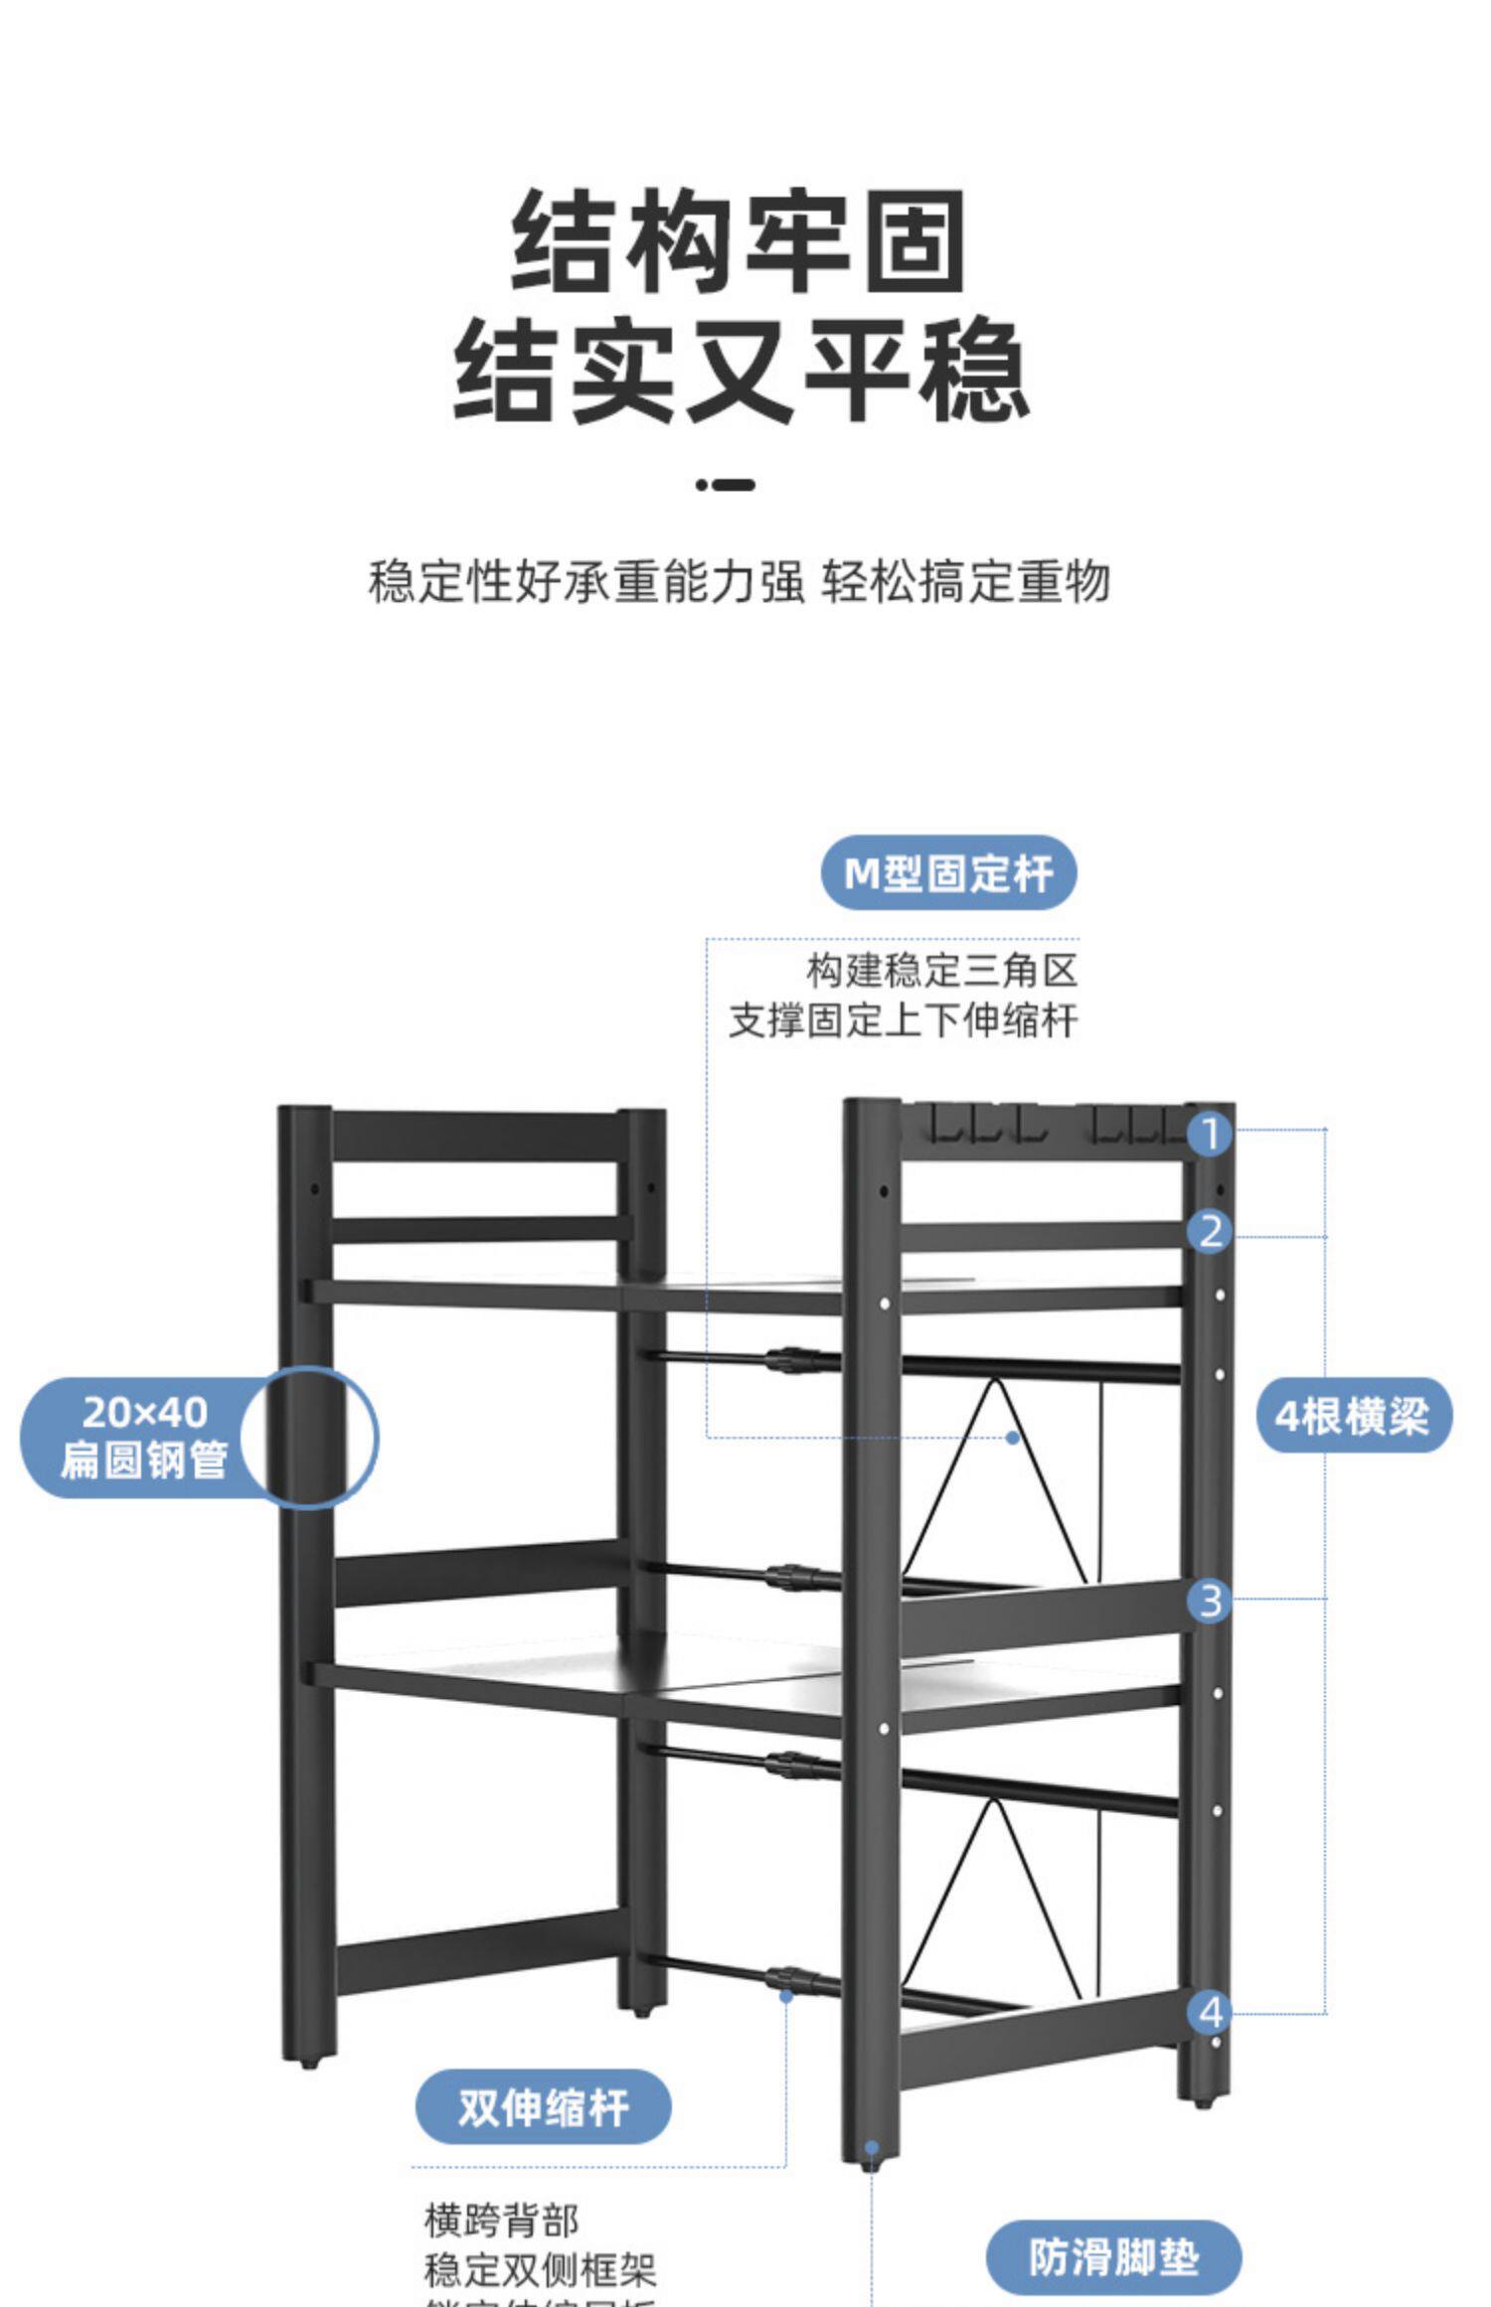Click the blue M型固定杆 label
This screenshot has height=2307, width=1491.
click(x=948, y=873)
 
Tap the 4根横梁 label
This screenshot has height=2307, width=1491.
click(x=1353, y=1416)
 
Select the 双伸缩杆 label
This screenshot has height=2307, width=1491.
click(x=543, y=2107)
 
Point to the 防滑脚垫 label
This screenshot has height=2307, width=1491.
click(x=1113, y=2257)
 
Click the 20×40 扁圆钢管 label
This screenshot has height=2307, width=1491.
click(x=144, y=1437)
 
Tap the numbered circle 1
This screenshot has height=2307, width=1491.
click(x=1210, y=1134)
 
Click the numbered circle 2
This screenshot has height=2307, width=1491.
click(x=1210, y=1232)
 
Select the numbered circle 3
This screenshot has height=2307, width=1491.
click(x=1210, y=1602)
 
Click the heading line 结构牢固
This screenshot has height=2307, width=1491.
click(x=740, y=241)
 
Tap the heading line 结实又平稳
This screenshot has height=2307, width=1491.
click(x=740, y=370)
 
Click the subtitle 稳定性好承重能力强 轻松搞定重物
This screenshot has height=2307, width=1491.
click(x=740, y=581)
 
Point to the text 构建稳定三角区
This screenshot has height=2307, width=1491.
click(x=941, y=971)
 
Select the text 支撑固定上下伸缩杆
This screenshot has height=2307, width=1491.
click(x=904, y=1021)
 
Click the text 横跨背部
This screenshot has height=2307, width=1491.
click(x=501, y=2220)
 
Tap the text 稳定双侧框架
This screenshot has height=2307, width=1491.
click(x=540, y=2269)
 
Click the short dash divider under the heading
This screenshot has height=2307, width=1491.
click(x=726, y=485)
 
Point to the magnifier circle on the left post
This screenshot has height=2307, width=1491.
click(x=310, y=1437)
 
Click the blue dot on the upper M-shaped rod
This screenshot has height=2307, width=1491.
click(x=1013, y=1438)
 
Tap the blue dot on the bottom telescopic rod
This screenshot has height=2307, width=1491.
click(x=786, y=1995)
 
